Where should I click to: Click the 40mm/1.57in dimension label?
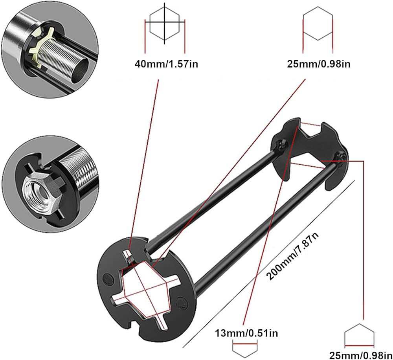click(x=166, y=64)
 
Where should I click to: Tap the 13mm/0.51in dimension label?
click(x=246, y=333)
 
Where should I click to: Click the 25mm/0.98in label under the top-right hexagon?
click(x=319, y=64)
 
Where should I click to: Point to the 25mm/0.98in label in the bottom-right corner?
click(x=361, y=355)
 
